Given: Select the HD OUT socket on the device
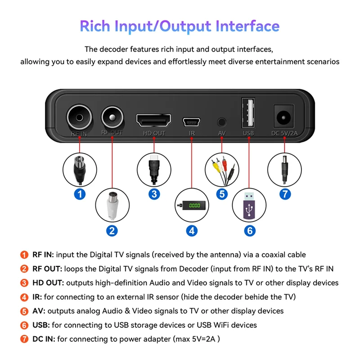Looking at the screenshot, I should pos(154,120).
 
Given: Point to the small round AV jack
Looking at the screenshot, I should pos(221,121).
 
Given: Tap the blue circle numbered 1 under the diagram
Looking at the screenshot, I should pos(80,194).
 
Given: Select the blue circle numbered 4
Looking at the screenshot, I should pos(192,231).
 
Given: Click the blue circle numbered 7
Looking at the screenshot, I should pos(285,194).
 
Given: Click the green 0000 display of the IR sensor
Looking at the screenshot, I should pos(194,205).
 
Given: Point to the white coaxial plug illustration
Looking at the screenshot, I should pos(112,205).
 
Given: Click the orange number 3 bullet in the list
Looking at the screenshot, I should pos(24,283).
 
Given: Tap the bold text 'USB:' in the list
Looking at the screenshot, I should pos(41,325).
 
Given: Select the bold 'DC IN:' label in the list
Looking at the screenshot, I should pos(44,339).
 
